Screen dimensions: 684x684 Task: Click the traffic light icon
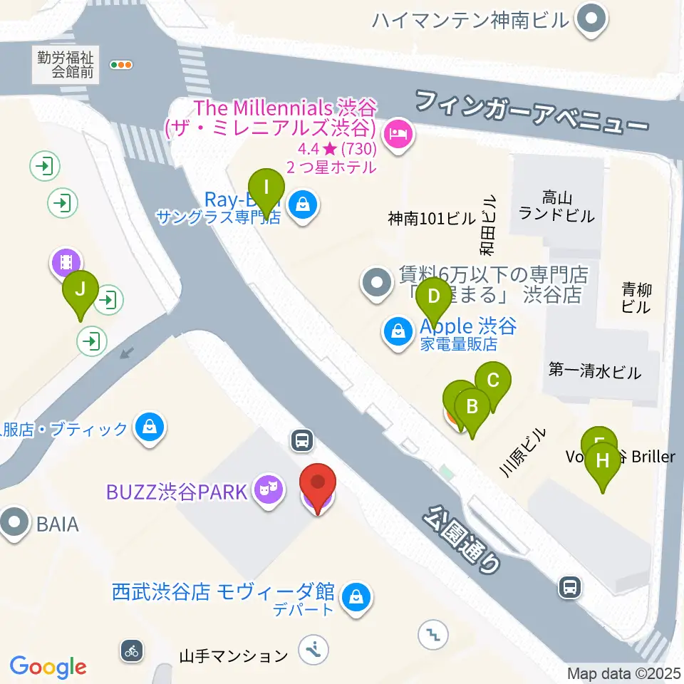(x=121, y=65)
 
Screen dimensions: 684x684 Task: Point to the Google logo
(x=48, y=667)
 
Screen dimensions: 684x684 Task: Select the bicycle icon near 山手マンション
(x=132, y=650)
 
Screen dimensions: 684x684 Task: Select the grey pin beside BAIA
(x=14, y=524)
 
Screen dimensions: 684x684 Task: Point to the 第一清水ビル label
(x=595, y=371)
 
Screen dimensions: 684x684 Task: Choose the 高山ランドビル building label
(x=557, y=205)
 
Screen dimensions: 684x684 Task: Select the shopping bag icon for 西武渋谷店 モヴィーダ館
(x=354, y=595)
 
